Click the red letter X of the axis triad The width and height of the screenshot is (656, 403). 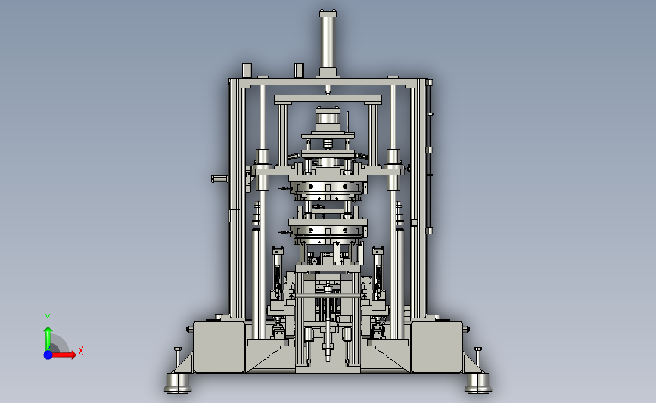[x=81, y=351]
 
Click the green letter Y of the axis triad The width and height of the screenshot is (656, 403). [x=48, y=318]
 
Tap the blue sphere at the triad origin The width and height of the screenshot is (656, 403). [x=48, y=355]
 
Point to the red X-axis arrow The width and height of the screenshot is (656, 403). [x=64, y=355]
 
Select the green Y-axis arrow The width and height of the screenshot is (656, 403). [x=48, y=338]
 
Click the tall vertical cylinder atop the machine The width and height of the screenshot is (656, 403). [x=328, y=43]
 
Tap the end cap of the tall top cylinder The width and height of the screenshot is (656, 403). [x=328, y=14]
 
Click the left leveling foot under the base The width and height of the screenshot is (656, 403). [x=178, y=383]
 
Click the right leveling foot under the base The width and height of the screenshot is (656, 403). [x=477, y=383]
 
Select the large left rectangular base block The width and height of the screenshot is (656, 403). [x=219, y=346]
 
